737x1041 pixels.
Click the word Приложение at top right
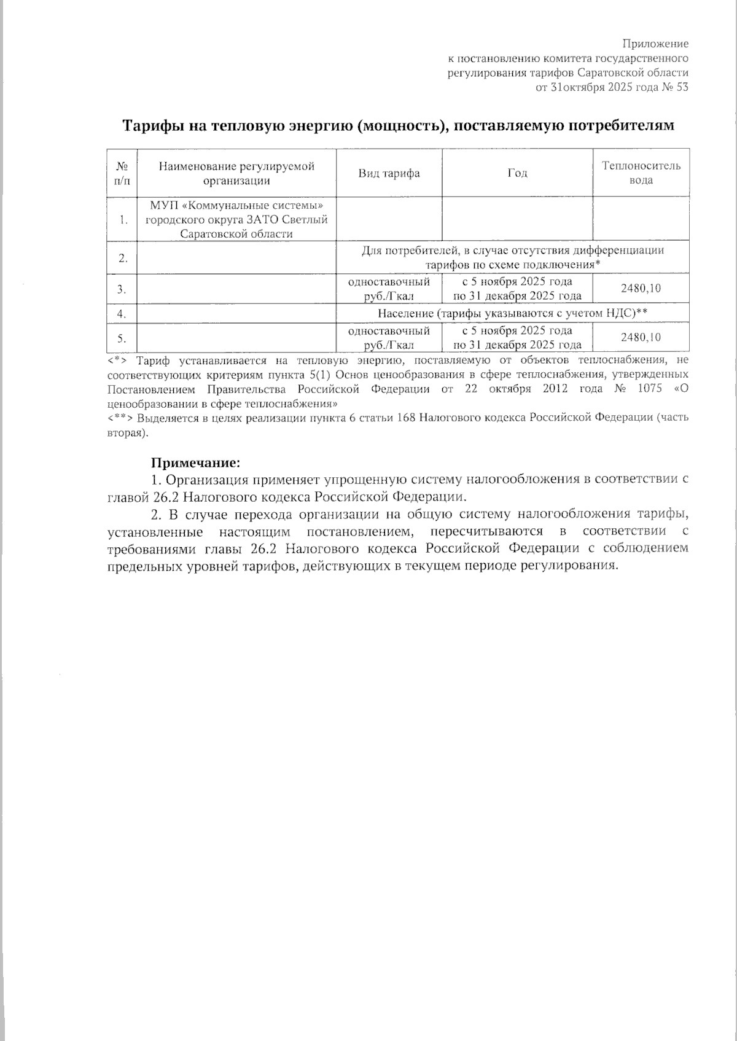pos(655,44)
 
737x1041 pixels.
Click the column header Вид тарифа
pos(389,173)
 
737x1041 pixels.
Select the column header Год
pos(517,173)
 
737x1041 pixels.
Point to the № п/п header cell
pos(122,173)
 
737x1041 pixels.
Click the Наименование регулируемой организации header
pos(236,173)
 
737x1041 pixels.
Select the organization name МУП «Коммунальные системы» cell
pos(236,219)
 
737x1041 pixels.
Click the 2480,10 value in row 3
pos(641,289)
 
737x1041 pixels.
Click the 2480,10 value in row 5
pos(641,337)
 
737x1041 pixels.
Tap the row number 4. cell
pos(122,314)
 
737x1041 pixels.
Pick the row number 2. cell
pos(123,257)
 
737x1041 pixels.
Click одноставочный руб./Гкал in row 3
pos(389,289)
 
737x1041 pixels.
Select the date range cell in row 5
pos(517,337)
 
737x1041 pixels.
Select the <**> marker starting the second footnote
pos(120,418)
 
